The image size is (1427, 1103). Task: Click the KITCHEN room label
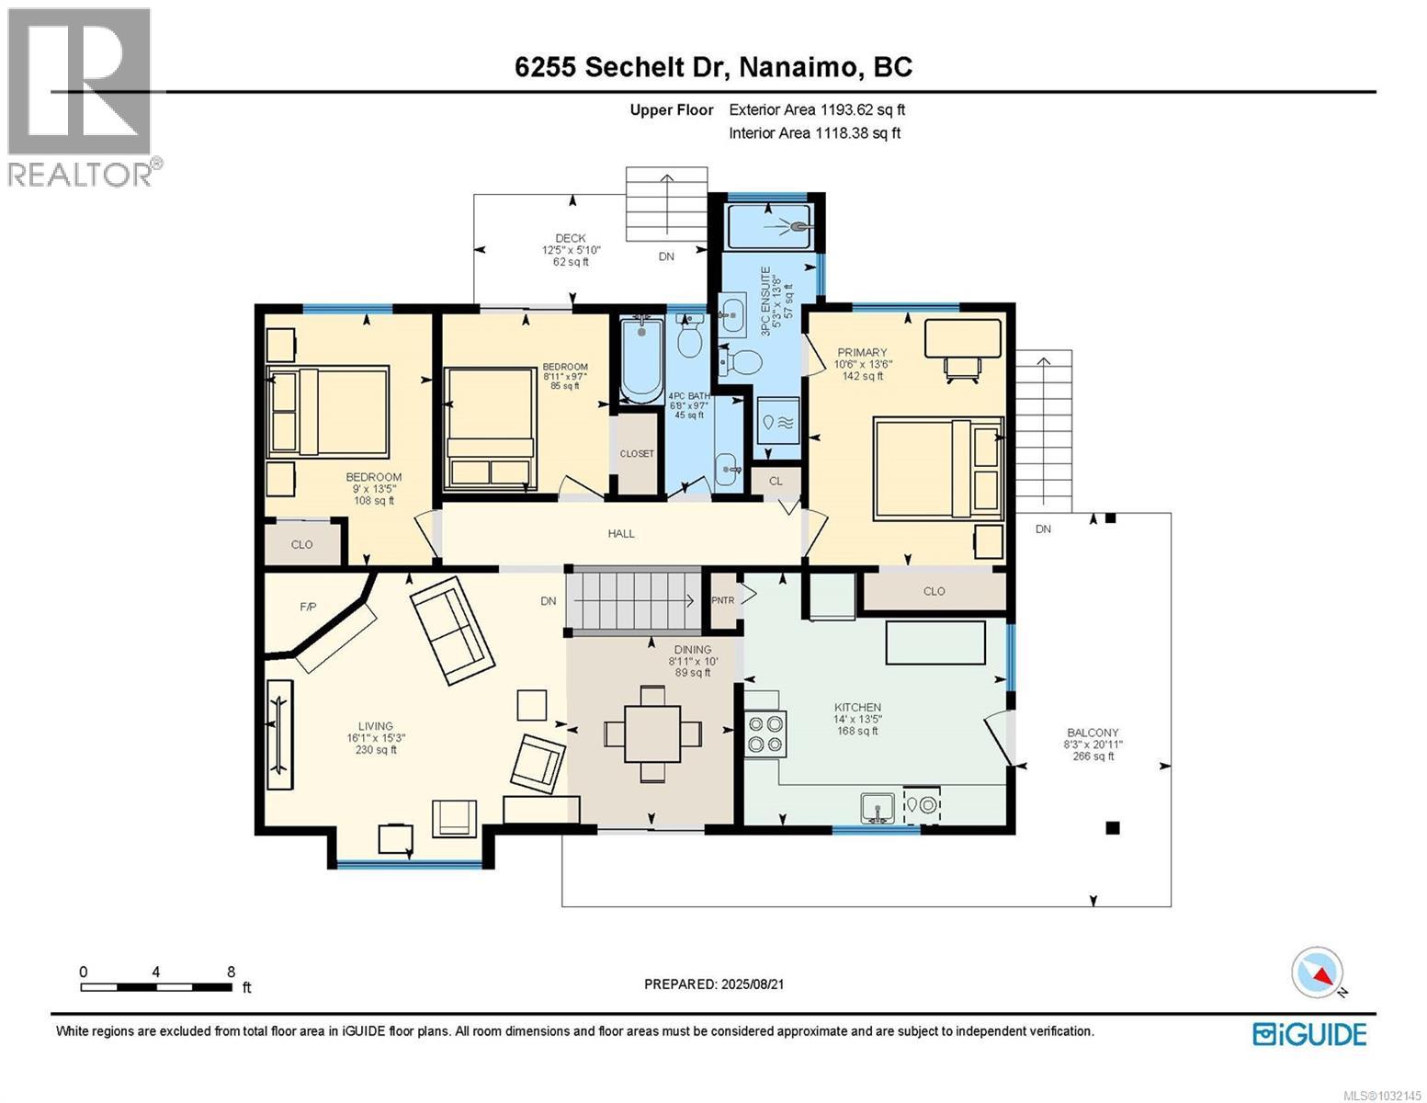(856, 707)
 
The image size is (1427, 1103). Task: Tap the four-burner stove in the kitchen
(765, 733)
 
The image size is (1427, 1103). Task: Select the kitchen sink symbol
(878, 808)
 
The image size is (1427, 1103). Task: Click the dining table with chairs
(652, 733)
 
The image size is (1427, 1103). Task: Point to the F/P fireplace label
(308, 608)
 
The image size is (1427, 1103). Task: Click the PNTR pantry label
(723, 600)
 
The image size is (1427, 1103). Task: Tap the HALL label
(621, 533)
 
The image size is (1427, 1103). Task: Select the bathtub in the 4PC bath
(640, 359)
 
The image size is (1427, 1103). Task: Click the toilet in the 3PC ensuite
(741, 360)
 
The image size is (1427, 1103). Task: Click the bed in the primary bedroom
(937, 468)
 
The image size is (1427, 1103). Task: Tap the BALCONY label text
(1093, 733)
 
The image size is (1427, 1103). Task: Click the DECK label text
(570, 238)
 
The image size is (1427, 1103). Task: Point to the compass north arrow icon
(1318, 973)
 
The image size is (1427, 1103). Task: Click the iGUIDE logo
(1309, 1034)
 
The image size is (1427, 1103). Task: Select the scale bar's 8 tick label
(231, 972)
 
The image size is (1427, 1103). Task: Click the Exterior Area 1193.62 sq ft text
(817, 109)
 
